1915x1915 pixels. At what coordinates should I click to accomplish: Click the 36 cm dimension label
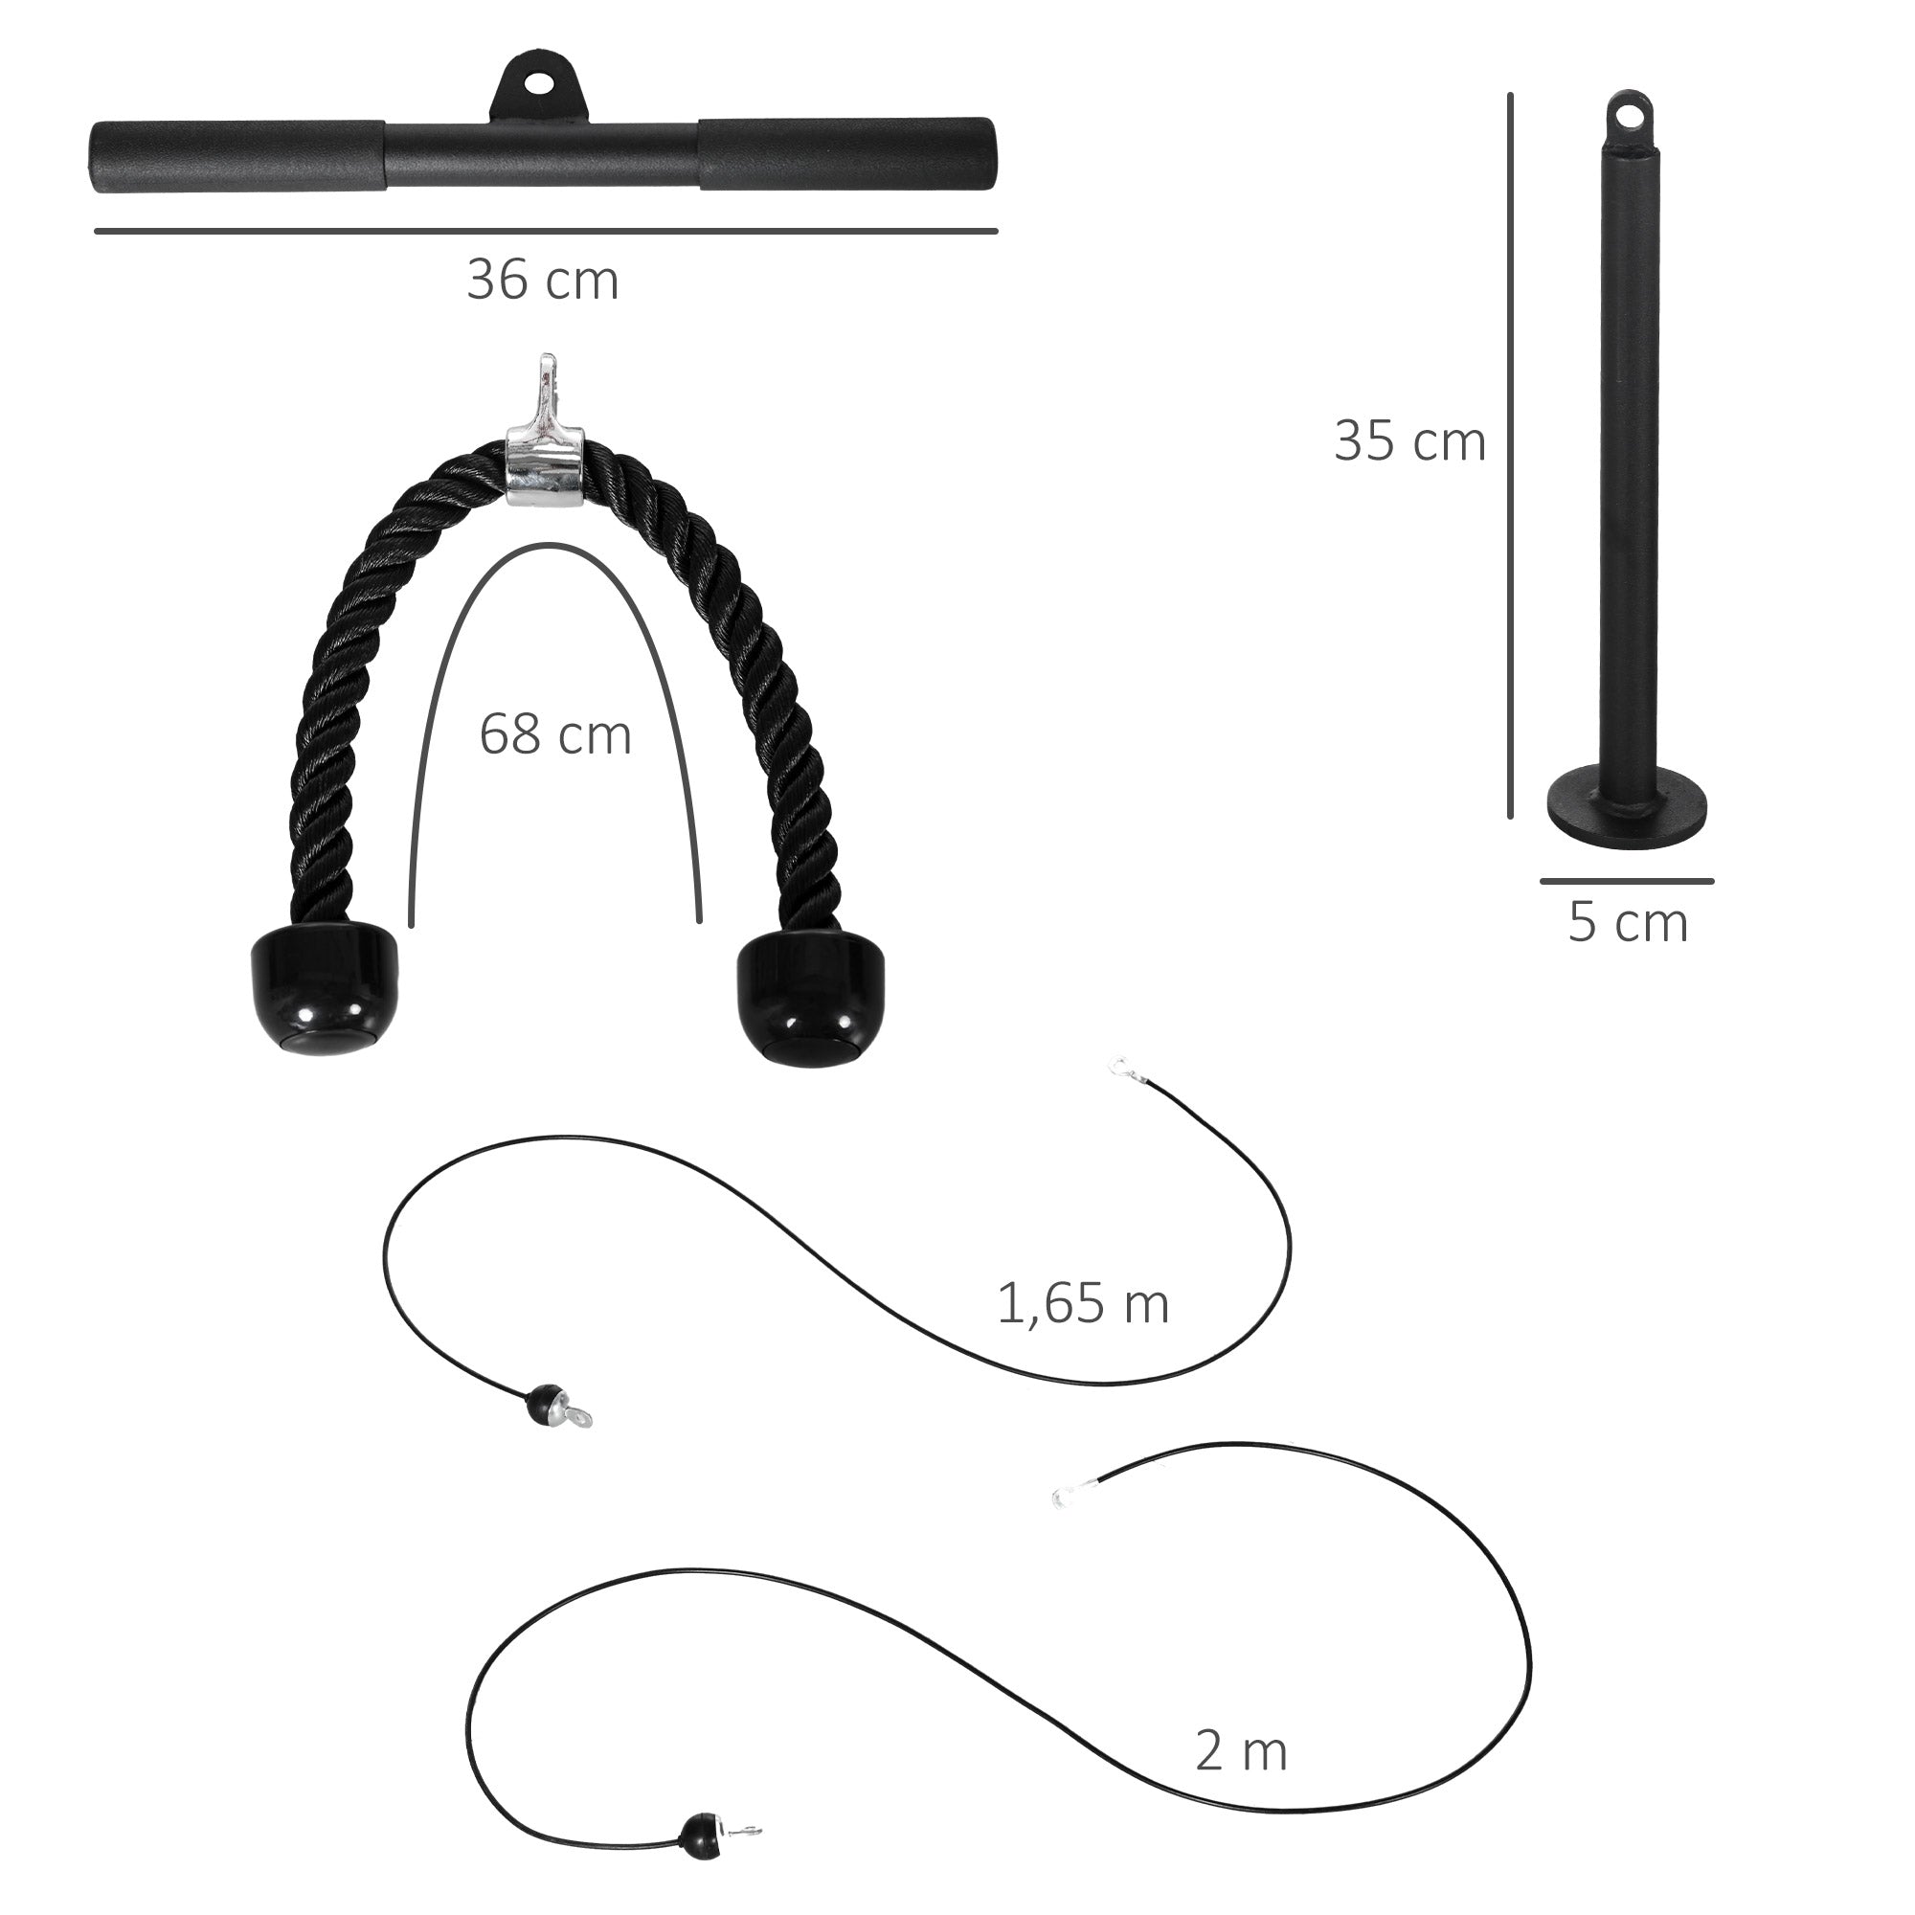542,281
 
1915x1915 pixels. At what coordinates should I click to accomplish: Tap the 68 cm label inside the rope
555,735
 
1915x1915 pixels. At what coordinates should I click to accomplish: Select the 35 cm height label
1409,441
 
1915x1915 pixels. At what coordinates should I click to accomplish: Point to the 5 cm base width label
1628,923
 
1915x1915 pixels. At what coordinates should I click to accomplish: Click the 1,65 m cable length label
1083,1303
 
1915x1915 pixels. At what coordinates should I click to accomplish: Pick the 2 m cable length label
1241,1751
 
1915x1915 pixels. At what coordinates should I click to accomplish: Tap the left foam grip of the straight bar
237,157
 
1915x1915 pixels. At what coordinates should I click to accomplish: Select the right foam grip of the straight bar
845,154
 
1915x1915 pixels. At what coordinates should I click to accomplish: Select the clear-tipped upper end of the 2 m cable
1064,1492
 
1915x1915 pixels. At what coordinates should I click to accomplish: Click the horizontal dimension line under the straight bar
545,231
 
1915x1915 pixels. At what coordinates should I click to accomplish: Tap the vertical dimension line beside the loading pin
1510,456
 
